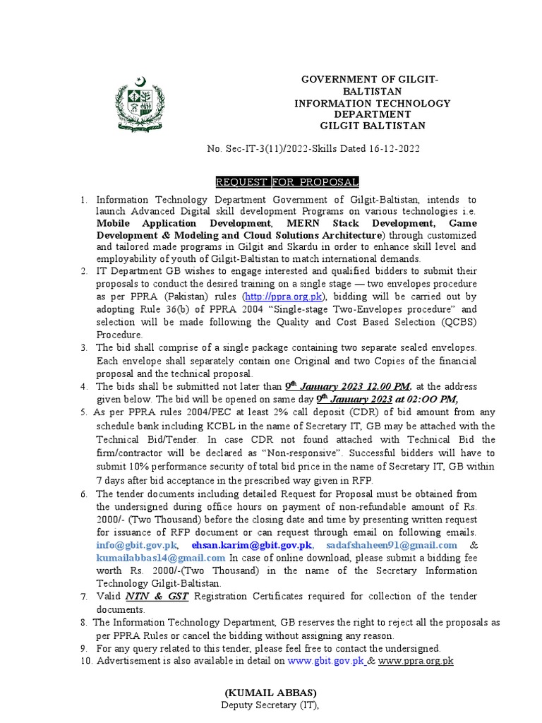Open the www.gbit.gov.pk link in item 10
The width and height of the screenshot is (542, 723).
click(325, 661)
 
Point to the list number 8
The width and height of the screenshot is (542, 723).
click(84, 622)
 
